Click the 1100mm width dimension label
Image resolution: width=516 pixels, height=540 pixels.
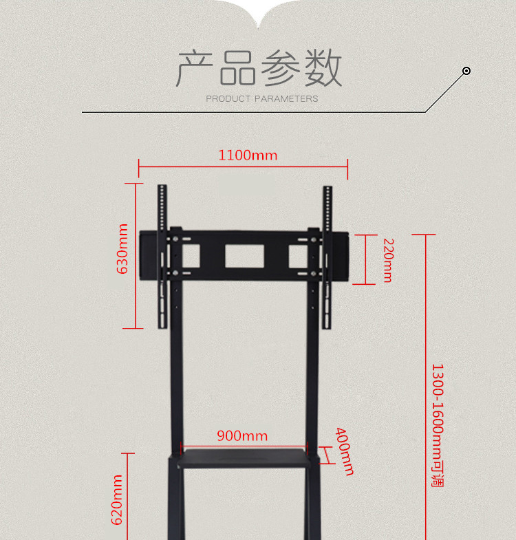click(x=248, y=155)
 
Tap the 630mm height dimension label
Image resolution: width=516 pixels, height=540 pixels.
click(x=123, y=248)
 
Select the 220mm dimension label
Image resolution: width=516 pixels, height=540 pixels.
click(x=387, y=260)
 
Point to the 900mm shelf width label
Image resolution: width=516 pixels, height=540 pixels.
click(x=242, y=435)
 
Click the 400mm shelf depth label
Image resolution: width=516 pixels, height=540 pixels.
click(x=345, y=451)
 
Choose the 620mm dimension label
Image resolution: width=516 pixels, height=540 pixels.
click(x=118, y=500)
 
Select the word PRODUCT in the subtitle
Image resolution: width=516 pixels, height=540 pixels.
click(x=228, y=99)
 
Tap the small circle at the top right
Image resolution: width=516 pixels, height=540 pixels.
click(x=466, y=71)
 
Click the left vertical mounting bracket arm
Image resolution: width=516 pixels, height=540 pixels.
click(x=162, y=255)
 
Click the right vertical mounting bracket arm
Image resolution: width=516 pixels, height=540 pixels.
click(x=327, y=255)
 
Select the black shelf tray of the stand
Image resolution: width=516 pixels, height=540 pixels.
click(x=244, y=457)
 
